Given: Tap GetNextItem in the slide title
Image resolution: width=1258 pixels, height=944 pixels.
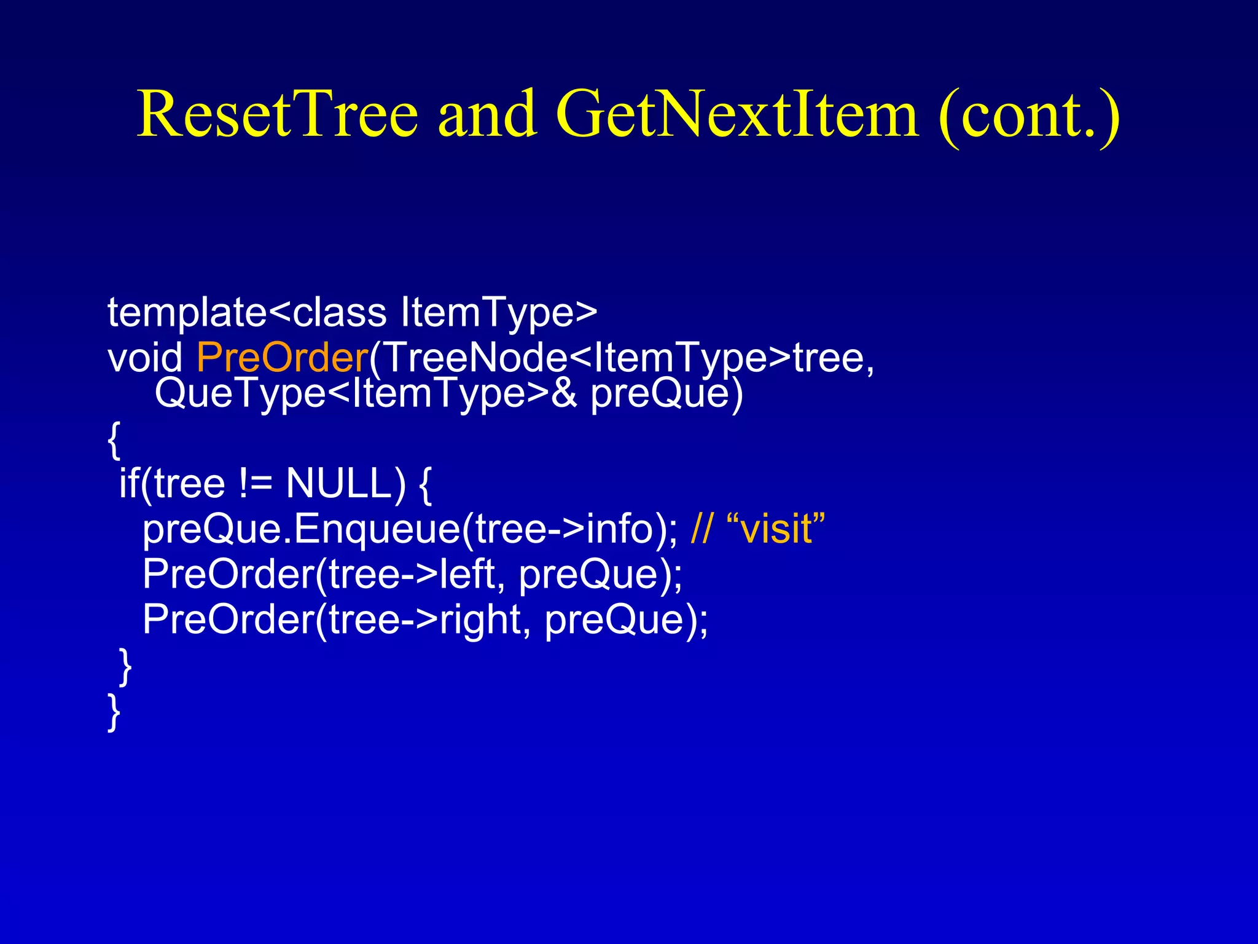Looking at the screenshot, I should [737, 114].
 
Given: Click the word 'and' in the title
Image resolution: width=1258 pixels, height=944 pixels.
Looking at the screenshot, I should [486, 114].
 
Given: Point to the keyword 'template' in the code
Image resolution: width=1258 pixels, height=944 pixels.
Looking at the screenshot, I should [187, 313].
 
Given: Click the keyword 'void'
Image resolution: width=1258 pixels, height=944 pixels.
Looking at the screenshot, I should [145, 357].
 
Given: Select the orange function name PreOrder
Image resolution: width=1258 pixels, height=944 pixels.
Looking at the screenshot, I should [282, 357].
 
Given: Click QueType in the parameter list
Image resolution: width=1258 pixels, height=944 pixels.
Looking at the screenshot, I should [240, 394].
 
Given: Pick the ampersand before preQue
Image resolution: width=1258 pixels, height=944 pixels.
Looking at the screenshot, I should [564, 394].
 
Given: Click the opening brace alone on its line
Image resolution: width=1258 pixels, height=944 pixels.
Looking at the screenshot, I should [114, 440].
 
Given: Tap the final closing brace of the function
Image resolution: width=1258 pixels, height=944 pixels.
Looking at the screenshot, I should [114, 712].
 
